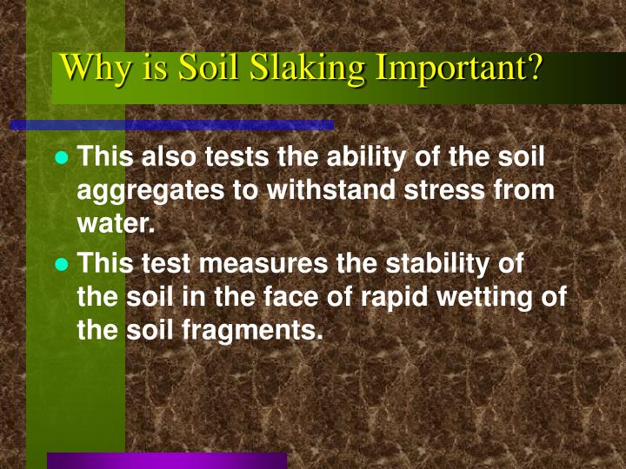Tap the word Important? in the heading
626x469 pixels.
tap(459, 68)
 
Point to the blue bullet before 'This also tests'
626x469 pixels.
tap(62, 159)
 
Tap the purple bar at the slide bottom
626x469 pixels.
tap(166, 460)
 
